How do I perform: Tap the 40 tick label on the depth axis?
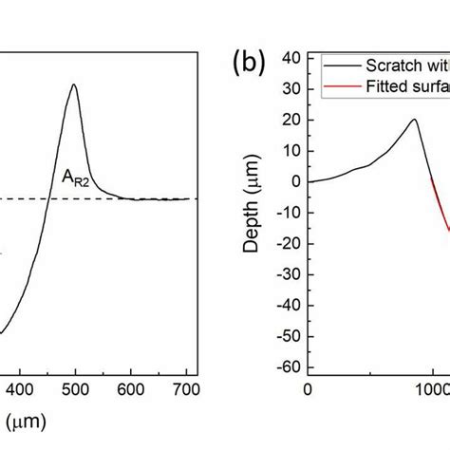[x=291, y=58]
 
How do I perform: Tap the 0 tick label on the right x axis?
[x=308, y=388]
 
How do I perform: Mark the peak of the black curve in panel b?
[x=414, y=120]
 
